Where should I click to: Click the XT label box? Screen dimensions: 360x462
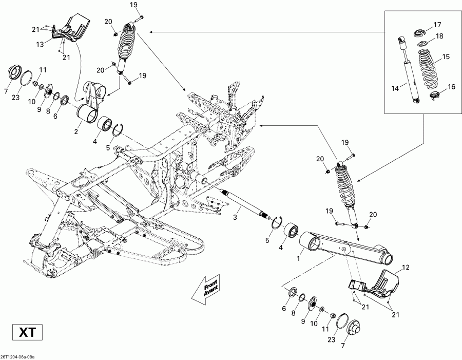[24, 333]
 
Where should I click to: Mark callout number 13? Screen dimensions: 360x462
[54, 45]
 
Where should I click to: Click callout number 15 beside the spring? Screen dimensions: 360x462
[446, 56]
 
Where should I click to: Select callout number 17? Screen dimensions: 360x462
[437, 24]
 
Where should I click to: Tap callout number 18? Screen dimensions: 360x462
[439, 36]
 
